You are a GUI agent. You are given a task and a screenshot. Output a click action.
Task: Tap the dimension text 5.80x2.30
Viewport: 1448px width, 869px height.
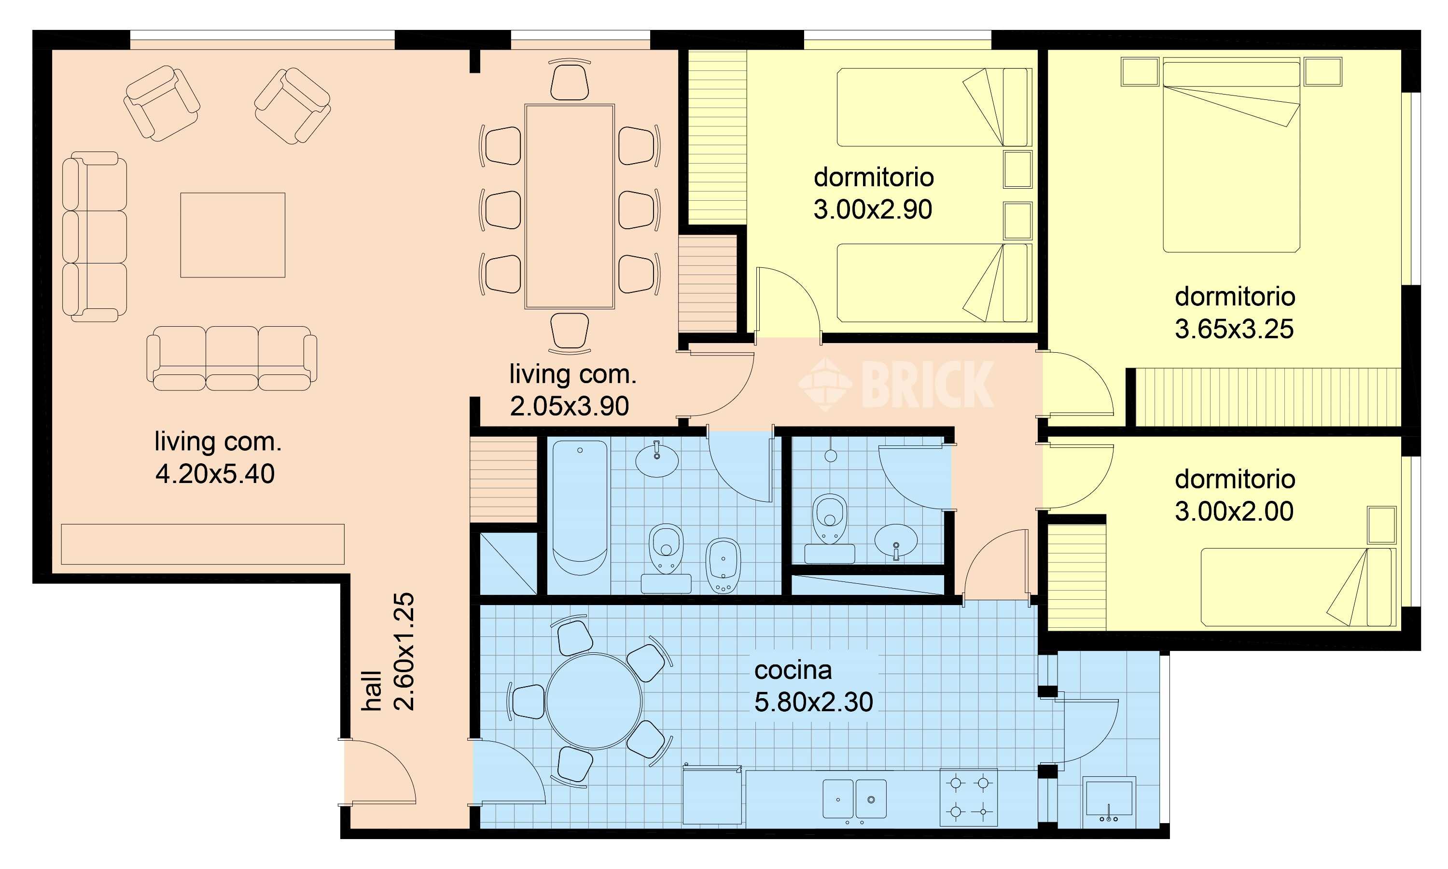[813, 702]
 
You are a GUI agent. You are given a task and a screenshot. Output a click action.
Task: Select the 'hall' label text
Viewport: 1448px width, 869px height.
[371, 691]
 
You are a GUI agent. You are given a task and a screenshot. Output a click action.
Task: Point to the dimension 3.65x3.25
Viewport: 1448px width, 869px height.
[1234, 330]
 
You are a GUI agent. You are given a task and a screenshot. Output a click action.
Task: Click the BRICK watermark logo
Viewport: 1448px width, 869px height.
[896, 384]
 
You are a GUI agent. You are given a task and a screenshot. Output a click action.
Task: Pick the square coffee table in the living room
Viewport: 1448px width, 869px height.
[233, 235]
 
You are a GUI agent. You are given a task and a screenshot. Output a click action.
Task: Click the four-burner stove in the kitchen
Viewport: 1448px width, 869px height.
[968, 797]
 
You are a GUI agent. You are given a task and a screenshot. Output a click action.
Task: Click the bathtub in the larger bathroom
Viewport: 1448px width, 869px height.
[579, 508]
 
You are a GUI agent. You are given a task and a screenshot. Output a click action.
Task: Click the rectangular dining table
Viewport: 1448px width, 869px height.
[570, 207]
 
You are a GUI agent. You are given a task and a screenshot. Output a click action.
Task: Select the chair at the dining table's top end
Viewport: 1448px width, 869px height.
[570, 82]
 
